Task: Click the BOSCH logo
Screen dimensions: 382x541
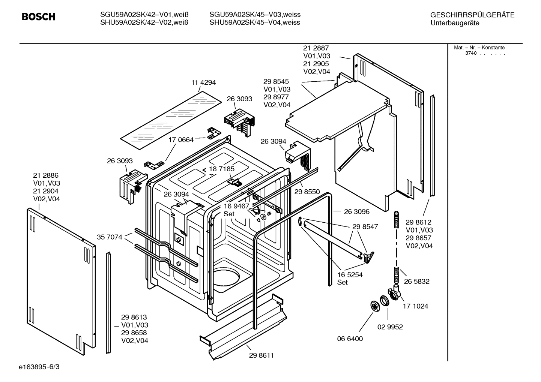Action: coord(38,17)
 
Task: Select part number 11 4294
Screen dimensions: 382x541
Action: coord(204,82)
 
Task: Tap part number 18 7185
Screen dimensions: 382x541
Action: coord(222,169)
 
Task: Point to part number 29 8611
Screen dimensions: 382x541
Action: coord(261,355)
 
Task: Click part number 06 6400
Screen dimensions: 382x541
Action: coord(350,339)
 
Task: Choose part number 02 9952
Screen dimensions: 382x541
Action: coord(390,327)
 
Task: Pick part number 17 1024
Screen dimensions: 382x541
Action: coord(415,306)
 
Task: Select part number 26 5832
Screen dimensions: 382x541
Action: coord(416,282)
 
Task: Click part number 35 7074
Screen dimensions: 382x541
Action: coord(110,237)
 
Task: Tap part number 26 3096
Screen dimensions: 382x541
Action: coord(356,212)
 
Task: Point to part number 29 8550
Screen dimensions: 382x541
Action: coord(307,192)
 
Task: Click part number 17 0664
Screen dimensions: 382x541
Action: coord(181,140)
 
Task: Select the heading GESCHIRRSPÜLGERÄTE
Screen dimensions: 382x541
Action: coord(472,15)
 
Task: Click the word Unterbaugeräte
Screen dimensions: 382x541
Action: coord(455,23)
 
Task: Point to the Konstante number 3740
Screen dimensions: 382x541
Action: coord(470,53)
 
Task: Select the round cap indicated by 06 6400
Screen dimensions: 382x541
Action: coord(374,306)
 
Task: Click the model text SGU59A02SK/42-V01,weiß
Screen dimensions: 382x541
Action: coord(144,15)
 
